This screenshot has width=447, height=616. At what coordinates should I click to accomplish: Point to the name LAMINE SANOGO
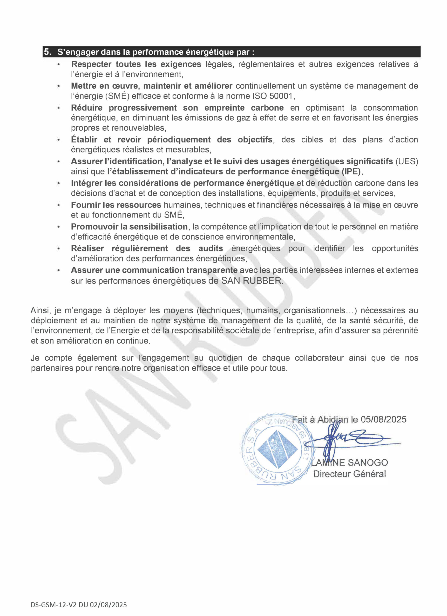click(x=350, y=462)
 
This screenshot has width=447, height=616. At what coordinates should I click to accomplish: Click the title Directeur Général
click(x=350, y=474)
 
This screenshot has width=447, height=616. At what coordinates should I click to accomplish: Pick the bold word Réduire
click(x=87, y=108)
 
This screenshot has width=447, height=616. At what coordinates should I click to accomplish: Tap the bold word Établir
click(x=84, y=140)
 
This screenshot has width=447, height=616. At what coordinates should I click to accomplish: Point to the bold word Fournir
click(x=85, y=205)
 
